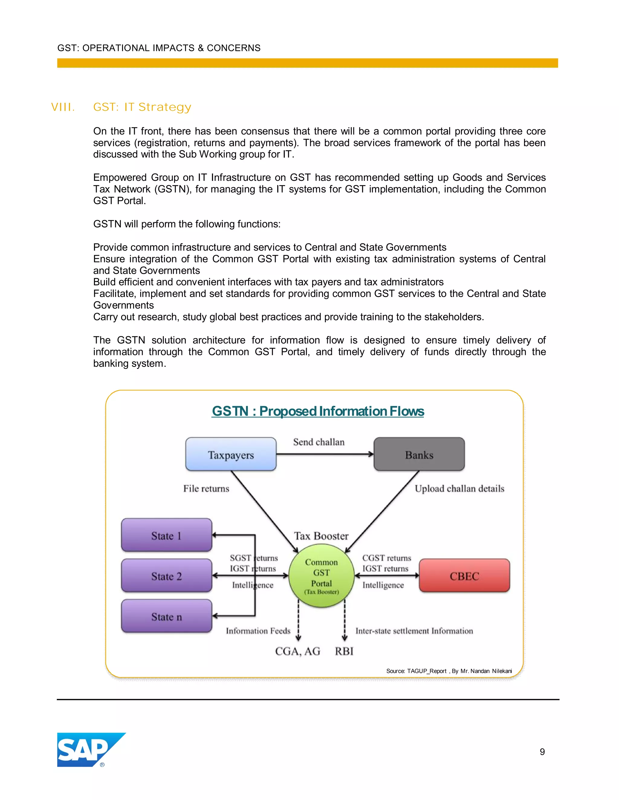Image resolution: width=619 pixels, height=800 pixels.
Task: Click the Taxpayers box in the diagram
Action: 231,454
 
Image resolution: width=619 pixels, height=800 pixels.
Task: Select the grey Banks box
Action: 419,454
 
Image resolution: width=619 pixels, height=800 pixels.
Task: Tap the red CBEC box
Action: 464,575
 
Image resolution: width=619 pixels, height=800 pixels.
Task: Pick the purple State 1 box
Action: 167,535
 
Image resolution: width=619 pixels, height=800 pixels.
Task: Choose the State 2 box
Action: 167,575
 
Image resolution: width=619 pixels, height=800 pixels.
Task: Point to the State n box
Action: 167,616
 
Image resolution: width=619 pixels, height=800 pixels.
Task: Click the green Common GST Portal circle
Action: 321,576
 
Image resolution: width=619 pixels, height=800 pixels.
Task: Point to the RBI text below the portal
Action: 344,651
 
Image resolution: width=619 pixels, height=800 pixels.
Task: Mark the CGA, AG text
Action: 297,651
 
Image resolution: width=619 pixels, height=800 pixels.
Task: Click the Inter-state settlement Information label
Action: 414,631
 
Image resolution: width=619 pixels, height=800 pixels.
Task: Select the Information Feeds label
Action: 258,631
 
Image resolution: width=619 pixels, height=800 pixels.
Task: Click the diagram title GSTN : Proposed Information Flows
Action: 318,411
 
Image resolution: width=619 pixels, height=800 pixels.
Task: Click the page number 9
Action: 542,752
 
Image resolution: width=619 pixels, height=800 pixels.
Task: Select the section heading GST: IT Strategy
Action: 142,107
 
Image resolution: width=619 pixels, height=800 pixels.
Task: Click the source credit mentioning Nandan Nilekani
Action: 449,671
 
